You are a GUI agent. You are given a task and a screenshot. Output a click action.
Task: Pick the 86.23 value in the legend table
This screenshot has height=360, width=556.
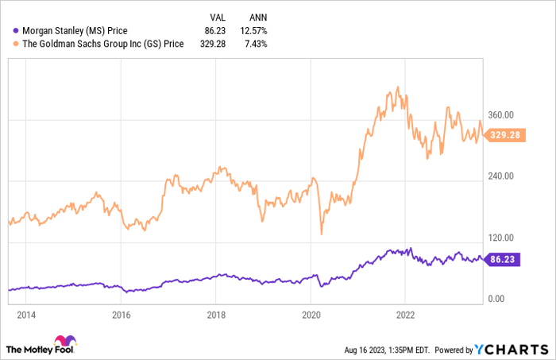coord(214,31)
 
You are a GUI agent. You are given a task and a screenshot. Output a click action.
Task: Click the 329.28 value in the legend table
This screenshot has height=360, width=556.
coord(212,44)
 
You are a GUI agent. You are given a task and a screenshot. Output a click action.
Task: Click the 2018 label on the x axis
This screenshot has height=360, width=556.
coord(215,314)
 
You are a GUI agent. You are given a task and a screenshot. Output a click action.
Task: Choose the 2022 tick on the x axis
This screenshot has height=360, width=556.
coord(405,314)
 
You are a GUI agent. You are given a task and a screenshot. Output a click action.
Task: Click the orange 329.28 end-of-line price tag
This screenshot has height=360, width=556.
coord(504,135)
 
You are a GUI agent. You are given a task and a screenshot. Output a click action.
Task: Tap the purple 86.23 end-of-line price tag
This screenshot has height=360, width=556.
coord(502,258)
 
